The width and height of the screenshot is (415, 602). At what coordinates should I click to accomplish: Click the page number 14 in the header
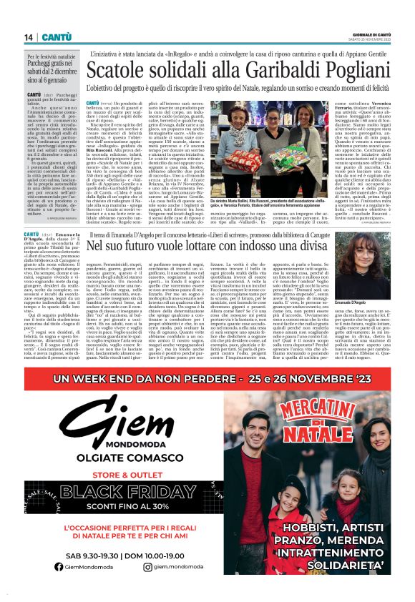(29, 37)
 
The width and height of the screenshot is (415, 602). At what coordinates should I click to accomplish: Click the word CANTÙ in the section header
(56, 37)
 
